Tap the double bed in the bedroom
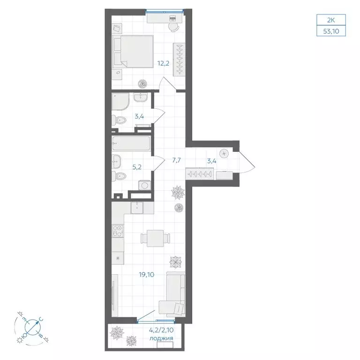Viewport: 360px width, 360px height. (x=135, y=51)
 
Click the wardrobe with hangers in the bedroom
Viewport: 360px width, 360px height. (x=179, y=59)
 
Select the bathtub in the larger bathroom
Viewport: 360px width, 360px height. (x=131, y=143)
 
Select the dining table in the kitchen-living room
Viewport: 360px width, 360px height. (x=154, y=238)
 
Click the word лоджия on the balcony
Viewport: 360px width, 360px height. (x=161, y=338)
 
